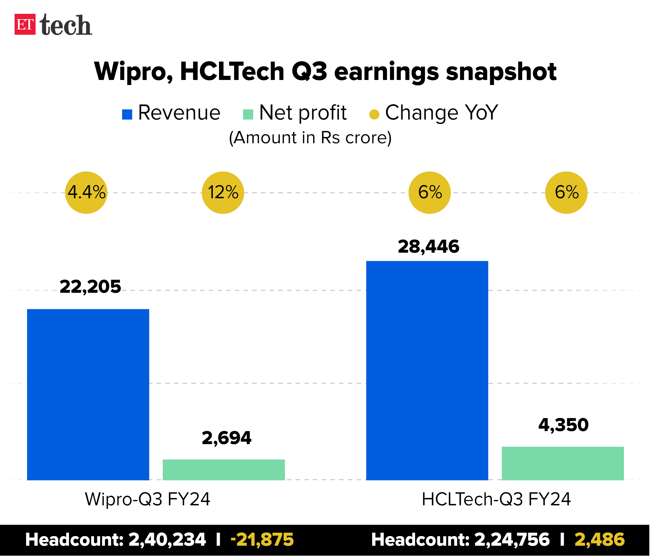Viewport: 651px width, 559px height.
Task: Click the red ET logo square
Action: point(25,24)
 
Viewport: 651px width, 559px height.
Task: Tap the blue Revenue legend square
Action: point(127,114)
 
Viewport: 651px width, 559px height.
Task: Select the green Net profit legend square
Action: point(248,114)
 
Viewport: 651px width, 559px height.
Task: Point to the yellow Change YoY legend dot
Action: point(374,114)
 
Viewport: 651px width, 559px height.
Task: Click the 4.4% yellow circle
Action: point(86,192)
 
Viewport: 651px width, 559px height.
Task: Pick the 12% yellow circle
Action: point(223,192)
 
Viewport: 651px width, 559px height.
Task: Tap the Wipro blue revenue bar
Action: point(88,394)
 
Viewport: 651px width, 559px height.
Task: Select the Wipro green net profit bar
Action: point(224,469)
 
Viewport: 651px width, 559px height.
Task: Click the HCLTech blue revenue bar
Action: point(427,370)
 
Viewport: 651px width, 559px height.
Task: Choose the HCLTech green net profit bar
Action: point(563,463)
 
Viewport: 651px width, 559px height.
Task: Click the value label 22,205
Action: point(90,287)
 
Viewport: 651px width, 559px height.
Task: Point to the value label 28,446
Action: point(429,247)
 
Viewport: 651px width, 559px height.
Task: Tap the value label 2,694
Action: point(227,438)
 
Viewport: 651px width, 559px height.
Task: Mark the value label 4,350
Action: point(563,425)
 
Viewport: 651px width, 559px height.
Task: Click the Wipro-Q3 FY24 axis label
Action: point(147,499)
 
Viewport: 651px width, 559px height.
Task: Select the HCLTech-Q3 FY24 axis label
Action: point(496,499)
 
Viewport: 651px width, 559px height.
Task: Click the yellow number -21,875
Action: point(262,540)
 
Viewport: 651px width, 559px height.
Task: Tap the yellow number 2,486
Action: point(599,540)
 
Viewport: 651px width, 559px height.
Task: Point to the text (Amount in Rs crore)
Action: point(310,138)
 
